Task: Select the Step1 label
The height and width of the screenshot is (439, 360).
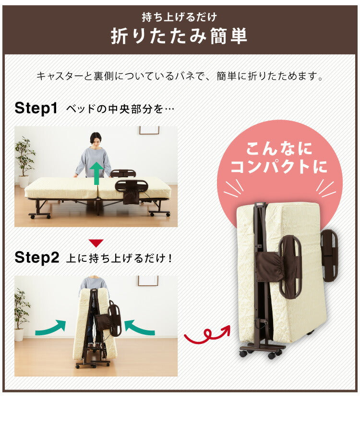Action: [x=36, y=108]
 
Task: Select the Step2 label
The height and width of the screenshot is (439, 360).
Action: [x=36, y=257]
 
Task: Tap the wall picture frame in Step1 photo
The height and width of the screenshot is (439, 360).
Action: [x=149, y=130]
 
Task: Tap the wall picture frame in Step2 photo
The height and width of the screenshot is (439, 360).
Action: [x=148, y=280]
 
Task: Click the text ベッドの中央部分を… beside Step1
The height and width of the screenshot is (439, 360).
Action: [x=120, y=109]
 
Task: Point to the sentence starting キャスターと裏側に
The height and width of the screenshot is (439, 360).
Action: [x=180, y=76]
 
